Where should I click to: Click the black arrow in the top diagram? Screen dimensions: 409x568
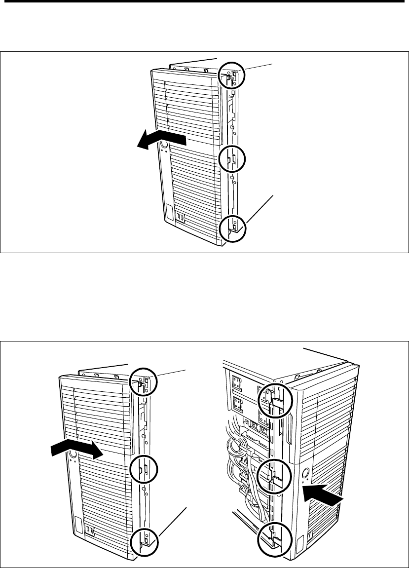point(161,139)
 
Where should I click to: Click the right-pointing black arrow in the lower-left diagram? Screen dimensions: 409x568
point(76,450)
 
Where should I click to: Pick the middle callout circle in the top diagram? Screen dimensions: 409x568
point(231,159)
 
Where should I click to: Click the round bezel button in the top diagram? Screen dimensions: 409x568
point(164,145)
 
